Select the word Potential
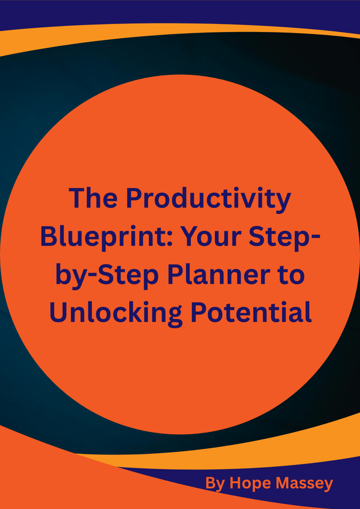coord(252,312)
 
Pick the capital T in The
coord(77,199)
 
